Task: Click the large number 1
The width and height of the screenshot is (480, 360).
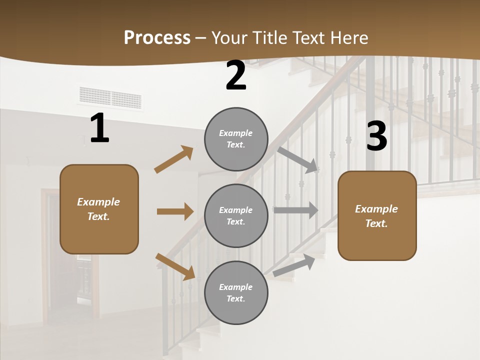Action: pyautogui.click(x=99, y=128)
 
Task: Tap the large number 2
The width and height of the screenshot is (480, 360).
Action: pyautogui.click(x=236, y=75)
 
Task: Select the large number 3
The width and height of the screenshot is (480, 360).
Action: pyautogui.click(x=376, y=136)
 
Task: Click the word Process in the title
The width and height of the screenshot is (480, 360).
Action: pyautogui.click(x=157, y=38)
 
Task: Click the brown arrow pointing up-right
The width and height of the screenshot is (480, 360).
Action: pyautogui.click(x=174, y=159)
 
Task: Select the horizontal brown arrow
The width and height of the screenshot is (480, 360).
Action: pyautogui.click(x=175, y=211)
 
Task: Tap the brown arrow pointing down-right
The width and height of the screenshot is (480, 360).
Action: pyautogui.click(x=175, y=266)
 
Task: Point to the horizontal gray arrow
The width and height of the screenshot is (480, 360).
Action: pyautogui.click(x=295, y=210)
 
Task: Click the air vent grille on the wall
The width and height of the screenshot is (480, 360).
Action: pyautogui.click(x=110, y=97)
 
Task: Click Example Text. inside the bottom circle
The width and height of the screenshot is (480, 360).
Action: pyautogui.click(x=236, y=292)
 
